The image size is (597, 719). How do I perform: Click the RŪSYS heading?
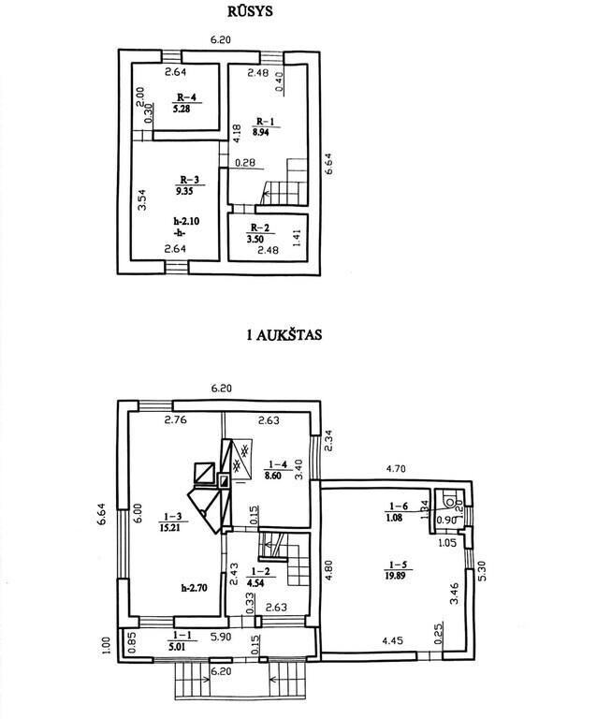pyautogui.click(x=250, y=11)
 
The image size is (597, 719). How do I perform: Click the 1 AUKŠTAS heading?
pyautogui.click(x=284, y=335)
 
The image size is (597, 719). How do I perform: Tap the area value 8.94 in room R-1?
pyautogui.click(x=260, y=133)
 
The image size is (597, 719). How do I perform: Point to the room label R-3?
pyautogui.click(x=189, y=180)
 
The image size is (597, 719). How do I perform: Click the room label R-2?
pyautogui.click(x=260, y=227)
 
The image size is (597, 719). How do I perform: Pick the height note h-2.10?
pyautogui.click(x=186, y=221)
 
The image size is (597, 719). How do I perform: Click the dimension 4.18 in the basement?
pyautogui.click(x=237, y=134)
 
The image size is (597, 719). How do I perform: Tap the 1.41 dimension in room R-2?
pyautogui.click(x=297, y=239)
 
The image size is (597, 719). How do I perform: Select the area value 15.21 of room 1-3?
pyautogui.click(x=169, y=528)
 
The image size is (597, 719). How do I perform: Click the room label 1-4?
pyautogui.click(x=278, y=464)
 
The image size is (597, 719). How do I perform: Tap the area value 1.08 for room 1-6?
pyautogui.click(x=395, y=518)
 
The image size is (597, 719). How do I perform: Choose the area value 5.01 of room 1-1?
pyautogui.click(x=176, y=647)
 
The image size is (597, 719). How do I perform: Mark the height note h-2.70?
pyautogui.click(x=194, y=588)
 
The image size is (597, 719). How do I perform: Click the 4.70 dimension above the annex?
pyautogui.click(x=396, y=469)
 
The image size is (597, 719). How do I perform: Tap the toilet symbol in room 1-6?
pyautogui.click(x=449, y=500)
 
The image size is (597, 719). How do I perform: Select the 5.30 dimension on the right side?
pyautogui.click(x=482, y=571)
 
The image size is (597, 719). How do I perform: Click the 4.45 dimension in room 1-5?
pyautogui.click(x=393, y=640)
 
